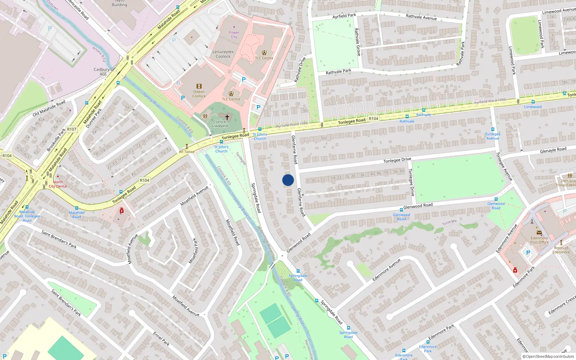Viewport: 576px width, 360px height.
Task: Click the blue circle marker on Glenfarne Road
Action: pyautogui.click(x=288, y=180)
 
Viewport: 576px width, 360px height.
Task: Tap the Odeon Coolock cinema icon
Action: pyautogui.click(x=199, y=86)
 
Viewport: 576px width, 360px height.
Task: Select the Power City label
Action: pyautogui.click(x=234, y=35)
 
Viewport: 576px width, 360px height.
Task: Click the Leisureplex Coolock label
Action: pyautogui.click(x=223, y=54)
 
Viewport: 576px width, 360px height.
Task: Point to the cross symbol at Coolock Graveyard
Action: pyautogui.click(x=227, y=117)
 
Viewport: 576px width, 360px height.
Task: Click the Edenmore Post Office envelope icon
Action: pyautogui.click(x=539, y=233)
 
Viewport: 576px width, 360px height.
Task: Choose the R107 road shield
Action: pyautogui.click(x=72, y=129)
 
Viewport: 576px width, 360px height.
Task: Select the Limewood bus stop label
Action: pyautogui.click(x=533, y=107)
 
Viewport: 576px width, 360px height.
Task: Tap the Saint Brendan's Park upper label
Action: pyautogui.click(x=59, y=239)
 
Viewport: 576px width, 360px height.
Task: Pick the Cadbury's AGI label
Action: pyautogui.click(x=103, y=72)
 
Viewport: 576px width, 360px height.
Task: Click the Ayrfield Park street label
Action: pyautogui.click(x=344, y=16)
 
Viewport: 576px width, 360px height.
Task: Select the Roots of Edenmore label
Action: pyautogui.click(x=561, y=250)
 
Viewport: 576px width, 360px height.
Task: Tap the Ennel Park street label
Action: pyautogui.click(x=161, y=338)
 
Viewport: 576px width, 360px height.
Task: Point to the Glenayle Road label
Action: pyautogui.click(x=553, y=150)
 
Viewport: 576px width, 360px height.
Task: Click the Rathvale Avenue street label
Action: pyautogui.click(x=421, y=17)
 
